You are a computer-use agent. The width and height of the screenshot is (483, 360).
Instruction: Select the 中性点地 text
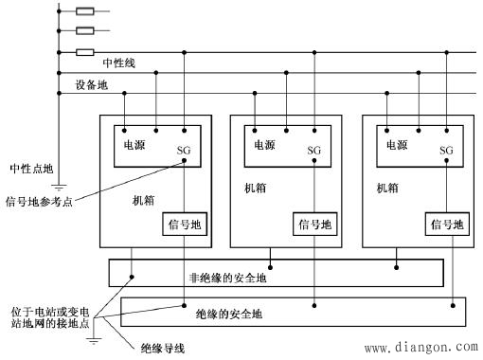pos(31,168)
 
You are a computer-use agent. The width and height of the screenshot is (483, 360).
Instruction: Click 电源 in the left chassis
pos(135,145)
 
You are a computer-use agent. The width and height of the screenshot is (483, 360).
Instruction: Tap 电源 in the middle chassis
pos(267,145)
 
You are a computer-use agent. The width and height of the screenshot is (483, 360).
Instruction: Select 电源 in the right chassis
pos(399,145)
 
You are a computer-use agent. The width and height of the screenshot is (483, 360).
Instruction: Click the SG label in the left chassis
pos(183,151)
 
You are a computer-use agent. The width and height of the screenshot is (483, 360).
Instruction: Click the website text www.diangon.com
pos(420,348)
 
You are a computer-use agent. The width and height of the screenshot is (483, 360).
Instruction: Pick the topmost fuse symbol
pos(84,12)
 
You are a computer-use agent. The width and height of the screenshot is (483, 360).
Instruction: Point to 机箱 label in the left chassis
pos(145,203)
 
